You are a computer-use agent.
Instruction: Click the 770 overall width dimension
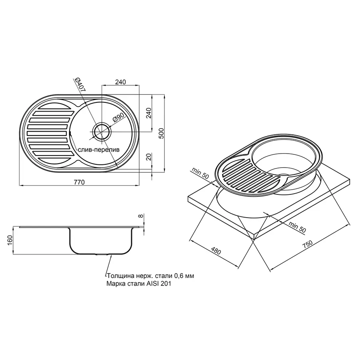click(x=79, y=182)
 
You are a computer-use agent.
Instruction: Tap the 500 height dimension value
click(x=162, y=133)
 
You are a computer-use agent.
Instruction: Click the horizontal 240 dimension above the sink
click(x=120, y=82)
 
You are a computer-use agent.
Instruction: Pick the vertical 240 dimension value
click(x=149, y=113)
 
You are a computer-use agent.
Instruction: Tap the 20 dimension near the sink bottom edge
click(x=149, y=157)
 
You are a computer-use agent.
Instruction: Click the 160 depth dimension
click(x=10, y=240)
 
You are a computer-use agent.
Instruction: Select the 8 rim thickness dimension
click(x=141, y=216)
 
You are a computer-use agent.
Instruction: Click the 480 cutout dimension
click(x=216, y=251)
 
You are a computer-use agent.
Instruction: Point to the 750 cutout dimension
click(x=307, y=244)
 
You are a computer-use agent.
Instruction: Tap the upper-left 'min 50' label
click(x=200, y=173)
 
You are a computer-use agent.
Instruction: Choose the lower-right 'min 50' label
click(x=297, y=227)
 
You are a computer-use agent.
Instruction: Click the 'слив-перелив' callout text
click(x=99, y=150)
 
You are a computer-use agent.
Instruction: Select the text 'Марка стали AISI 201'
click(x=139, y=284)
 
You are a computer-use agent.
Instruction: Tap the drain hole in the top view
click(x=102, y=132)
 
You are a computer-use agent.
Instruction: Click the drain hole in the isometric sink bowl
click(x=284, y=175)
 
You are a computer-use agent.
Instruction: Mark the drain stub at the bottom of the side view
click(x=102, y=254)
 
